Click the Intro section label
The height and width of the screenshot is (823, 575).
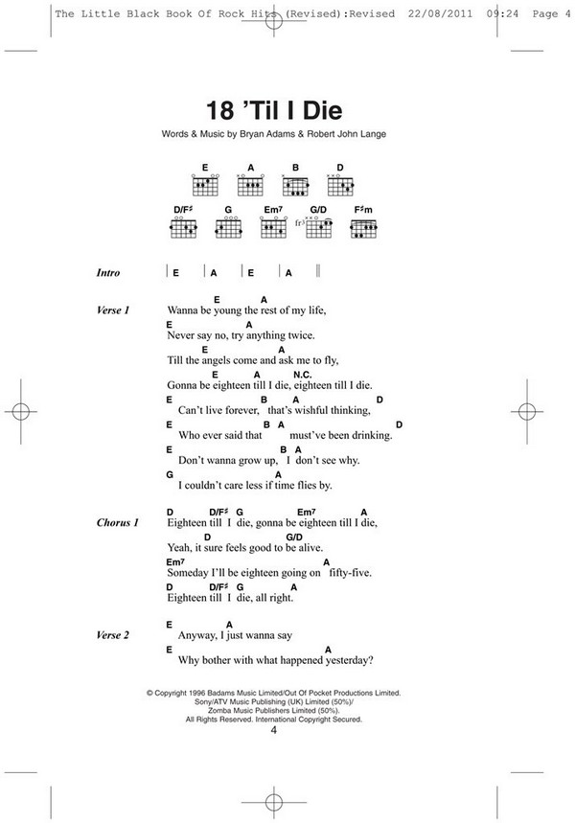point(108,273)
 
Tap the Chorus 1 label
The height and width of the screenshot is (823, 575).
point(118,523)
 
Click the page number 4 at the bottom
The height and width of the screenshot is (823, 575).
point(273,731)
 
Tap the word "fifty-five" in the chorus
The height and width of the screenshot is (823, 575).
point(349,573)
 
